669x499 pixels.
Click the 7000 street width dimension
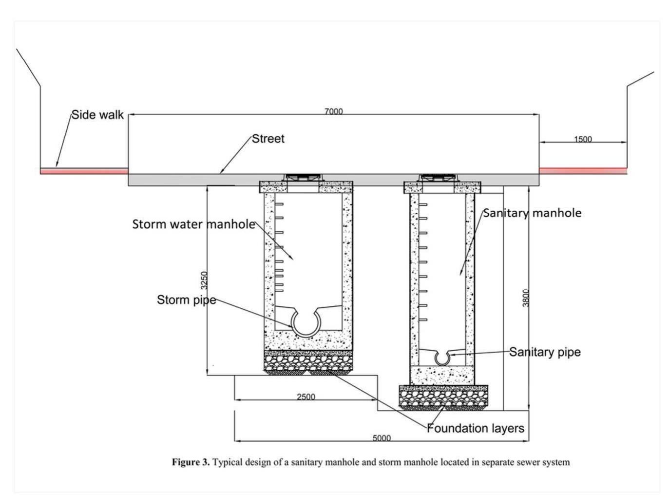[x=334, y=111]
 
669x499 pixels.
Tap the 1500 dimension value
[x=583, y=139]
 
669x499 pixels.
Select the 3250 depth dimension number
[x=205, y=280]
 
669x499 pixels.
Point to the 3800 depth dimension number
[x=525, y=298]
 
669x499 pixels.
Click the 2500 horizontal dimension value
[x=306, y=397]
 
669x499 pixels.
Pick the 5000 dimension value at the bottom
[x=382, y=438]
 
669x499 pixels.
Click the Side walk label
[x=97, y=115]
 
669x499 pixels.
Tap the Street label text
[x=268, y=139]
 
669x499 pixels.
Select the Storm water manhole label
[x=193, y=224]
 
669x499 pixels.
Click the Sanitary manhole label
[x=532, y=213]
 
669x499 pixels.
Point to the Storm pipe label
[x=186, y=299]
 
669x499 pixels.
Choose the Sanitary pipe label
[x=545, y=352]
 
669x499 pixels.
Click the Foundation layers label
[x=476, y=428]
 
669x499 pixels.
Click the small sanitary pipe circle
[x=442, y=358]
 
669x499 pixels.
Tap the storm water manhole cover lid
[x=303, y=176]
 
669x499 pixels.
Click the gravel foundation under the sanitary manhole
[x=443, y=396]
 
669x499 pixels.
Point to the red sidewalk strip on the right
[x=583, y=170]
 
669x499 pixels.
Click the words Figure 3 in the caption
[x=191, y=462]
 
